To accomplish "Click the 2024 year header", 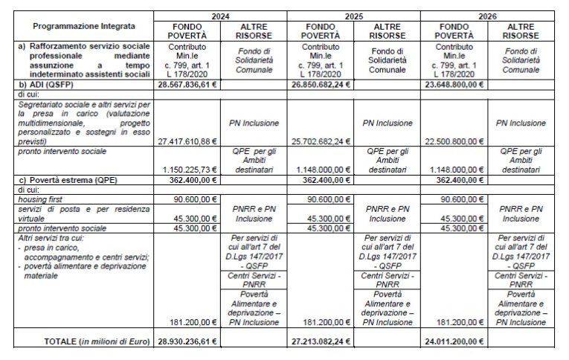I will point(220,15).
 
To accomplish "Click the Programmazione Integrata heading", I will point(77,26).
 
